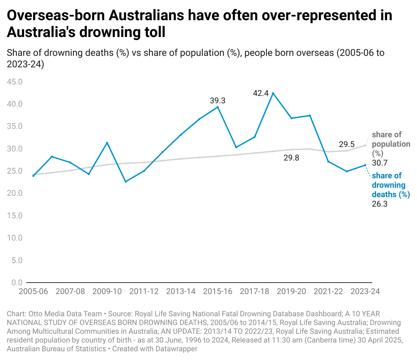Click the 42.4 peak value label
click(x=261, y=93)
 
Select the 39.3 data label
click(x=218, y=101)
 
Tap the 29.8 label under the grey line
click(x=291, y=158)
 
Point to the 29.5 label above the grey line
click(x=347, y=144)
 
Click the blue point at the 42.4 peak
click(x=273, y=93)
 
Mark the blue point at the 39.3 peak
click(x=218, y=107)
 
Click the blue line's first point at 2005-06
click(x=33, y=176)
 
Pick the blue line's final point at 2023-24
click(x=365, y=165)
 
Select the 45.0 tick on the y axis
click(x=15, y=82)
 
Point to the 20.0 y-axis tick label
click(x=15, y=193)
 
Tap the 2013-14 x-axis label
click(x=181, y=291)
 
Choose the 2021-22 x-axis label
click(x=328, y=291)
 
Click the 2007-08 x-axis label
click(x=70, y=291)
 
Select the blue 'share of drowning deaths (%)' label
click(x=390, y=185)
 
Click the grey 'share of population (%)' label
click(x=390, y=144)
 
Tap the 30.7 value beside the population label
click(x=380, y=163)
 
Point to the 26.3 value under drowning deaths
click(x=380, y=204)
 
